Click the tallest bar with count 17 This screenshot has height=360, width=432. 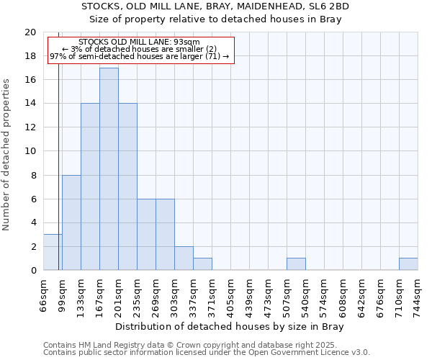coord(109,169)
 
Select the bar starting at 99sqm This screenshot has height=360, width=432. coord(71,222)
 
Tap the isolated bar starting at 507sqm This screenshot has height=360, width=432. coord(296,264)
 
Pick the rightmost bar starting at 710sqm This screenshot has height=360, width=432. coord(408,264)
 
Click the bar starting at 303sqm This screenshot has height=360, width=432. coord(184,258)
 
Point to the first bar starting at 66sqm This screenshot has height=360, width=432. coord(53,252)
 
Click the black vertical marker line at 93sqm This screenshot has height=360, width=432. coord(58,144)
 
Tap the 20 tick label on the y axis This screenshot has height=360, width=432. coord(30,32)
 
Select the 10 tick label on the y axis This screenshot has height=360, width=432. coord(30,151)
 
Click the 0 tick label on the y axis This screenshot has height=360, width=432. coord(33,270)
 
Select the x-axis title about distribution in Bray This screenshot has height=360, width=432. coord(230,327)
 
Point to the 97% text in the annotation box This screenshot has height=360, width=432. coord(57,56)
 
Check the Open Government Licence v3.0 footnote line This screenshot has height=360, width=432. coord(207,352)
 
